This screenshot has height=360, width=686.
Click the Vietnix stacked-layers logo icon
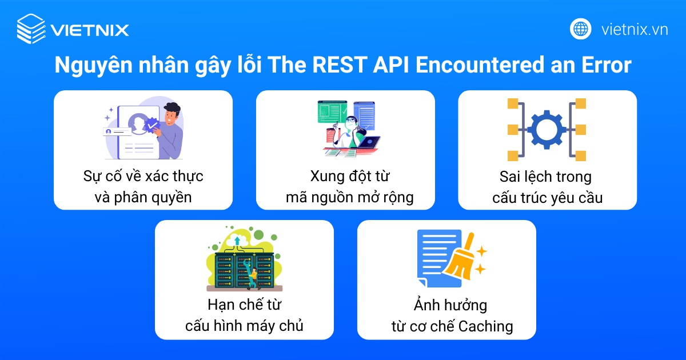[30, 29]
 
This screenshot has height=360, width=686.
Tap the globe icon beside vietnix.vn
[581, 29]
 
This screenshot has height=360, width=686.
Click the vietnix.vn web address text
[635, 29]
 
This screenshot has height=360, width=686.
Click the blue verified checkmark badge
[152, 124]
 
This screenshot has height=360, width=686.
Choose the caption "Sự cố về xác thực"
[143, 176]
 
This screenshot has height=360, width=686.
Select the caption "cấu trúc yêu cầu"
[547, 197]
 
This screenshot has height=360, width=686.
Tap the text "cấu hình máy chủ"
[244, 326]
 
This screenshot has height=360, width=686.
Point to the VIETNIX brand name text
[90, 29]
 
